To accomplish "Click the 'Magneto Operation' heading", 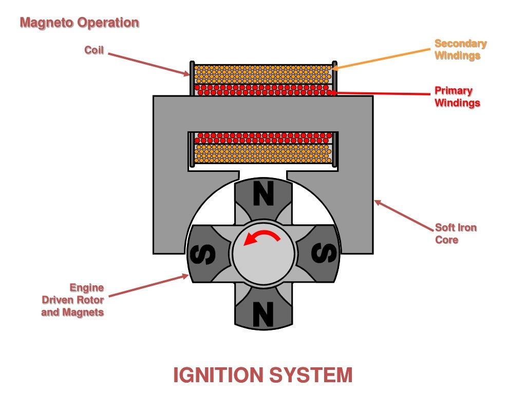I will [79, 23].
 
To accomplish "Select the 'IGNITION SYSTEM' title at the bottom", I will [262, 375].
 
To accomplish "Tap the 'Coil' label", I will [94, 50].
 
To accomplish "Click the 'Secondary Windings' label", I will [460, 50].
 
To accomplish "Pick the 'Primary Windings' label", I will [457, 96].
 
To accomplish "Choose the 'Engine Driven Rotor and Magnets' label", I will [73, 300].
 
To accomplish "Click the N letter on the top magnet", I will [263, 195].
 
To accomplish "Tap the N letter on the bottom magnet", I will [263, 312].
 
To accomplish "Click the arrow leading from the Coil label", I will [149, 65].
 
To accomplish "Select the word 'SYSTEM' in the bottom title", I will [313, 375].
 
